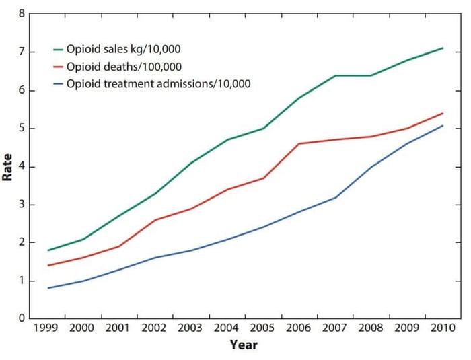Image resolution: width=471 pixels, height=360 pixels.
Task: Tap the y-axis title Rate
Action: [9, 166]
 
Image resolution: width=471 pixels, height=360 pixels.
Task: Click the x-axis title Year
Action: [244, 345]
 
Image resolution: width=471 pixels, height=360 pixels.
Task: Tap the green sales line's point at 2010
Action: [443, 48]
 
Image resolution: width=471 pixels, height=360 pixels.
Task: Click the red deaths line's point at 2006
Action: [299, 143]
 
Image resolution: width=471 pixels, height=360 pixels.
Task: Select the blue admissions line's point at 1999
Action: [48, 288]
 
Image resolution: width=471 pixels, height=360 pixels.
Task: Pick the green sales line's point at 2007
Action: [335, 75]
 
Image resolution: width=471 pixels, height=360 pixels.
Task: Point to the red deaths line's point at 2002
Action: [155, 219]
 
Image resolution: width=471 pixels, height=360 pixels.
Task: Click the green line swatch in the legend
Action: [59, 50]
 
